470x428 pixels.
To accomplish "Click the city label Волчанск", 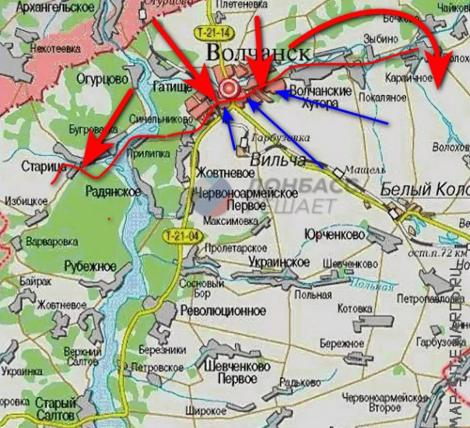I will pyautogui.click(x=258, y=53).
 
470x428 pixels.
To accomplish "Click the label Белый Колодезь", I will pyautogui.click(x=425, y=190).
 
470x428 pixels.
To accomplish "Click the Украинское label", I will pyautogui.click(x=280, y=262).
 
